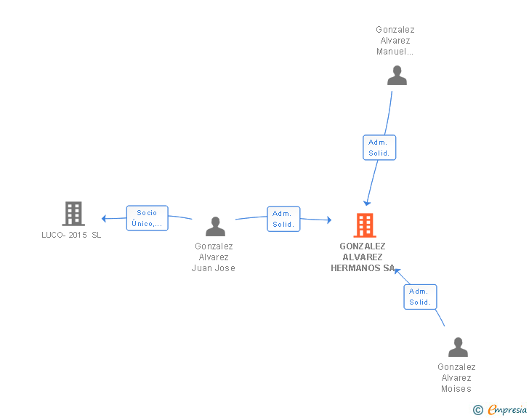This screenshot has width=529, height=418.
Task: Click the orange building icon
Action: [365, 225]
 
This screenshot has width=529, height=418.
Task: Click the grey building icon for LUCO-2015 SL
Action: [73, 214]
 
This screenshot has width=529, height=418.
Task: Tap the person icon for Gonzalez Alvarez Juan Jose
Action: [215, 226]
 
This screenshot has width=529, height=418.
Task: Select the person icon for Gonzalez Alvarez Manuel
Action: [397, 76]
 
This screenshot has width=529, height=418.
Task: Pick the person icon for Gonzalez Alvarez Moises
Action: [458, 347]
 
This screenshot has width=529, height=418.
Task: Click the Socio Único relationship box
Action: [147, 218]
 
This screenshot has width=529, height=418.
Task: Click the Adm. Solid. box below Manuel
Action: [379, 148]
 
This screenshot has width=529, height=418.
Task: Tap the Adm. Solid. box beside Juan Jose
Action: [283, 219]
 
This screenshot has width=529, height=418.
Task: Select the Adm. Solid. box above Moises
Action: [420, 297]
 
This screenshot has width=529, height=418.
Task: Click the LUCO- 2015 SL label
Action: [71, 235]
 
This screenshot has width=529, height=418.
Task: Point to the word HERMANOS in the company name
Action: [355, 268]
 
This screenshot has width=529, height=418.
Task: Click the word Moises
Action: [456, 389]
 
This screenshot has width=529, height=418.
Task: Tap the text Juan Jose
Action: [213, 268]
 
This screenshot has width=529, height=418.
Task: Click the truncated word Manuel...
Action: [395, 52]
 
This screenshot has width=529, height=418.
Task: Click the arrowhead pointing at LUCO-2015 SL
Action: [104, 219]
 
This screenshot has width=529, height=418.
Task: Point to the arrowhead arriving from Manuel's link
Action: [367, 204]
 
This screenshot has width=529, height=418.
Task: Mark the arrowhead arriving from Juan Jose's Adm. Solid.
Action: [329, 220]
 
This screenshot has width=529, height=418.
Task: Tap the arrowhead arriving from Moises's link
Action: [397, 270]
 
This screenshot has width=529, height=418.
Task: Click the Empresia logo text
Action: [507, 409]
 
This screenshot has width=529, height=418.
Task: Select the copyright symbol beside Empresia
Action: [478, 410]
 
